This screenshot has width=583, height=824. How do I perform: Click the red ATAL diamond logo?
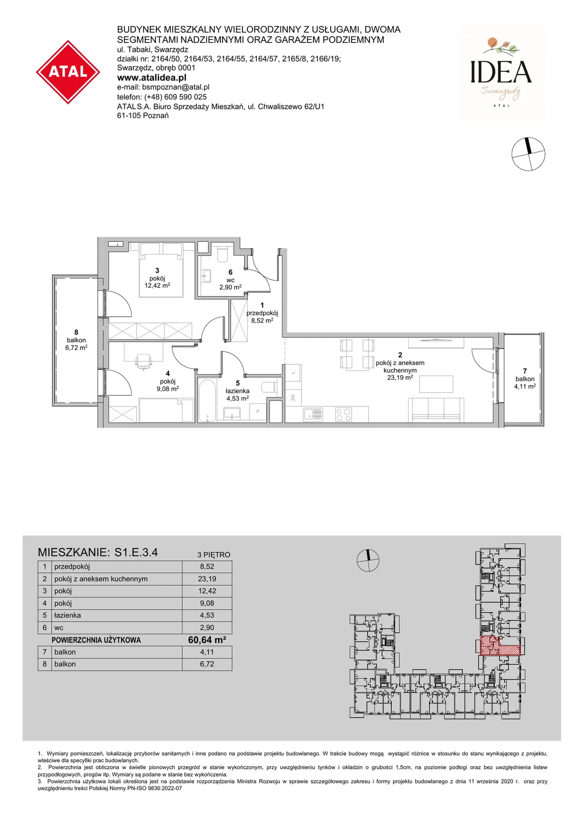click(x=68, y=72)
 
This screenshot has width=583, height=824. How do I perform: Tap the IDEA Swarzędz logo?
click(x=501, y=73)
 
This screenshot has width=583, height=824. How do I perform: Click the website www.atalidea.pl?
click(x=152, y=77)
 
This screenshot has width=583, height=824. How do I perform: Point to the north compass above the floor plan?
click(x=528, y=154)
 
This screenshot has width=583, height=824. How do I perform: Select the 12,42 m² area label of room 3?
click(x=157, y=285)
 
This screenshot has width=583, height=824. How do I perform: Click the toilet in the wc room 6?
click(x=223, y=254)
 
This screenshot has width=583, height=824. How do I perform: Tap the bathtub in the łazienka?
click(x=208, y=401)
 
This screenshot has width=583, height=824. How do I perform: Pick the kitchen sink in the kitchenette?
click(x=313, y=414)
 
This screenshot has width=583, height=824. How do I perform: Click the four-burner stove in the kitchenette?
click(x=343, y=414)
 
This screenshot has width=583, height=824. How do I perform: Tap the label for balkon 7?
click(x=525, y=379)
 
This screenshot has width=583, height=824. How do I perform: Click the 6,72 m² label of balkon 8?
click(x=76, y=348)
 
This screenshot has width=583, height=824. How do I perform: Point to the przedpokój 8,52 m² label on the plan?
click(x=262, y=313)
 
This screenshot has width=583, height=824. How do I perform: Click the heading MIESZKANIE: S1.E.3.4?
click(x=98, y=552)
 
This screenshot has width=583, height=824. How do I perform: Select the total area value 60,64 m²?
click(x=207, y=640)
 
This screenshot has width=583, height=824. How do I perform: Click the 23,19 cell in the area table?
click(x=207, y=579)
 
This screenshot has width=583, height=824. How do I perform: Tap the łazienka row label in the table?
click(x=67, y=615)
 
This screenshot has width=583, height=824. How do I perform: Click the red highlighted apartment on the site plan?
click(x=494, y=646)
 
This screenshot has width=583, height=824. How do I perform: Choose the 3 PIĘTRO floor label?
click(x=214, y=554)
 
